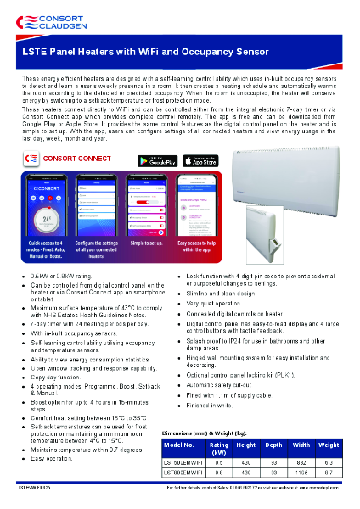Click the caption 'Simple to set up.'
pos(149,242)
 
